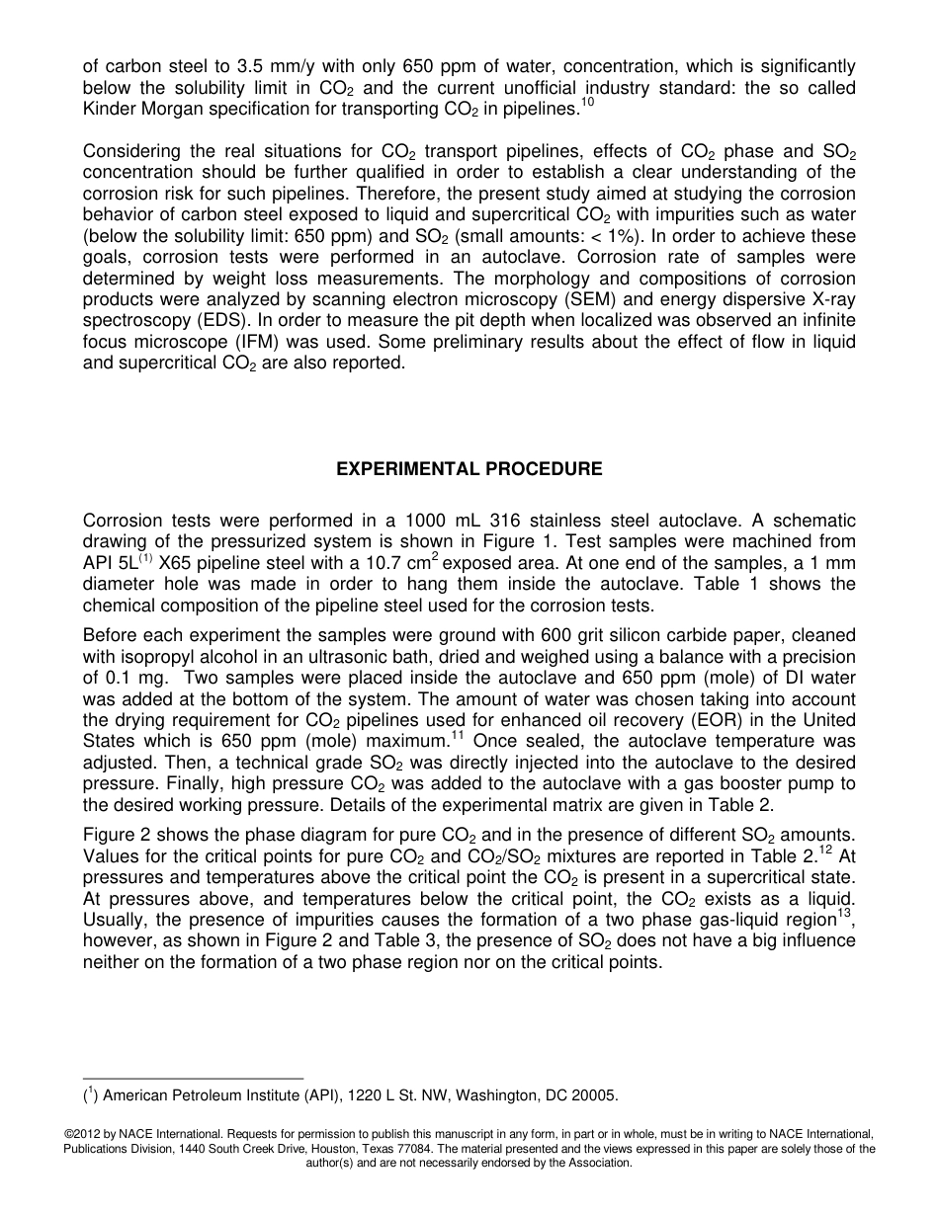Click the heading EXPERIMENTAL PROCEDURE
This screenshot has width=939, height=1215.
[x=469, y=469]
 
